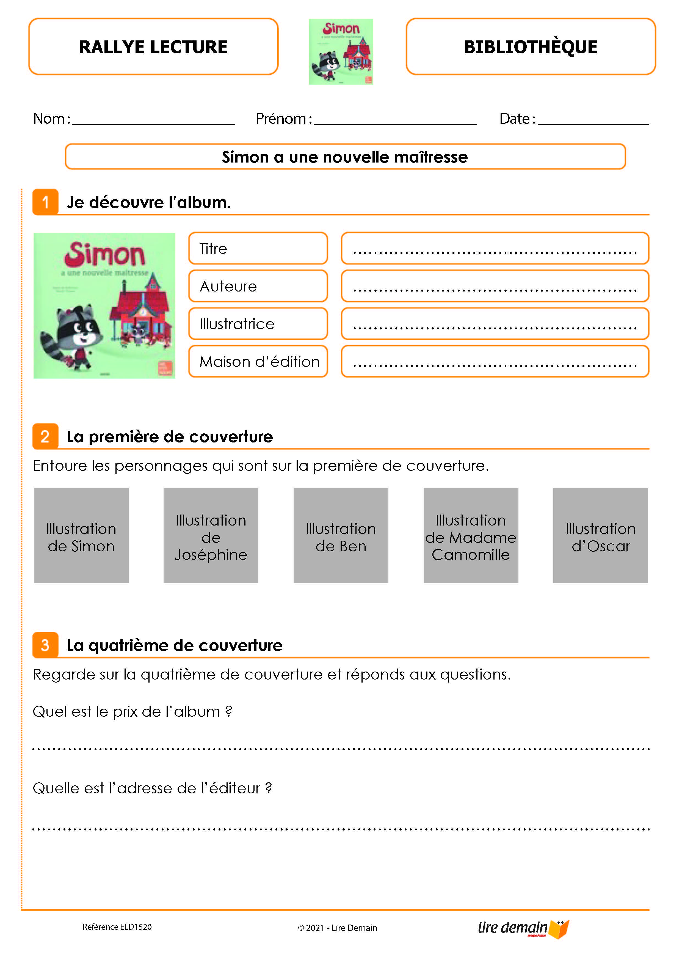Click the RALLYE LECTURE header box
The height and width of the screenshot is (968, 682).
(x=153, y=46)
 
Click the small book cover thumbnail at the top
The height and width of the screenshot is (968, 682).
(x=341, y=51)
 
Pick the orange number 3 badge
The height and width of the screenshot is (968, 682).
(x=45, y=645)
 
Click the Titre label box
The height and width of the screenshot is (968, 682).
(x=258, y=248)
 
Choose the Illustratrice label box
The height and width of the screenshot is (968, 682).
(x=258, y=323)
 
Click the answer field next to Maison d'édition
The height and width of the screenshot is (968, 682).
(x=495, y=361)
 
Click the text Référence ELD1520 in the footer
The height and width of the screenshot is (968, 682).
(x=117, y=927)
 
